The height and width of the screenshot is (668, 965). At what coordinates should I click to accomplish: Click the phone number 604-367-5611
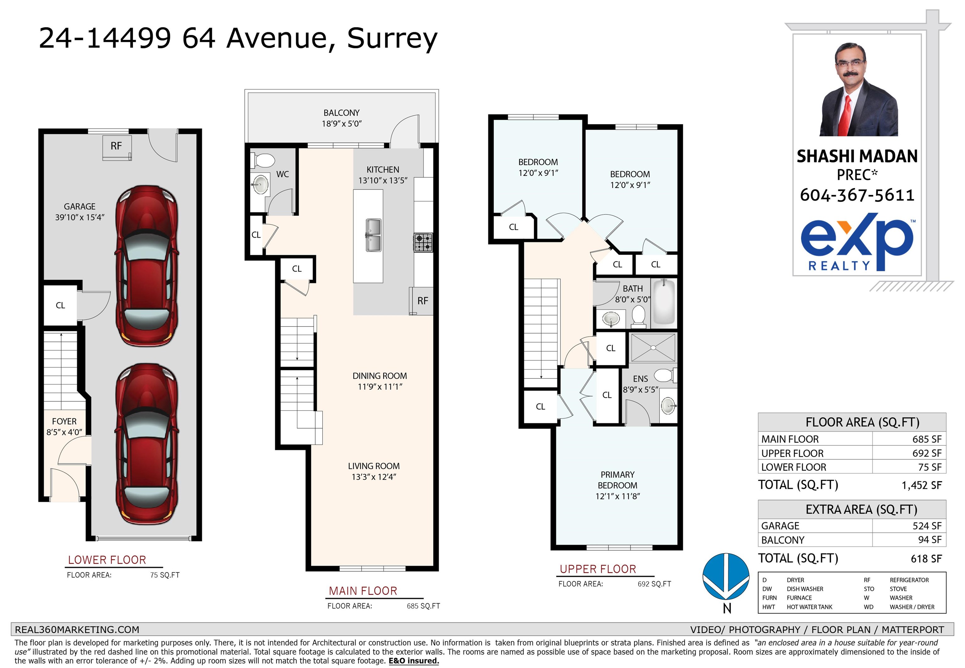pos(857,195)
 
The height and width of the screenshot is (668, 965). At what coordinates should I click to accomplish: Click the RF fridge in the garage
pos(117,147)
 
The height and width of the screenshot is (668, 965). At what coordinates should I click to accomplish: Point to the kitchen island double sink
pos(373,235)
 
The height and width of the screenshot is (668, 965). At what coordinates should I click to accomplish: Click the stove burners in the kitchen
pos(423,242)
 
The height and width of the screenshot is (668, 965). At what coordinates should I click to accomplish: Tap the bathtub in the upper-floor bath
pos(664,302)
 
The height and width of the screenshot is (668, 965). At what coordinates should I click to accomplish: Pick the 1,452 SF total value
pos(922,485)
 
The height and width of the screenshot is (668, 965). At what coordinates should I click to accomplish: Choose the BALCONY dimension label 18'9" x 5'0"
pos(342,124)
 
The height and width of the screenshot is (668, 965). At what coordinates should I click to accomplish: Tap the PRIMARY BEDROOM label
pos(617,480)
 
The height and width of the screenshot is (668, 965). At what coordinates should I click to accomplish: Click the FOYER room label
pos(64,422)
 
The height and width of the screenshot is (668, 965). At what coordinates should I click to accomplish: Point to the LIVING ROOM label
pos(373,466)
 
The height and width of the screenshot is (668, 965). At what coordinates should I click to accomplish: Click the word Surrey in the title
pos(392,39)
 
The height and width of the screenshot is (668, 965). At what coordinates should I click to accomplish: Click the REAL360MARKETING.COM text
pos(77,630)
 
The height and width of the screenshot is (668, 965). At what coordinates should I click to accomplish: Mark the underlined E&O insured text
pos(414,661)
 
